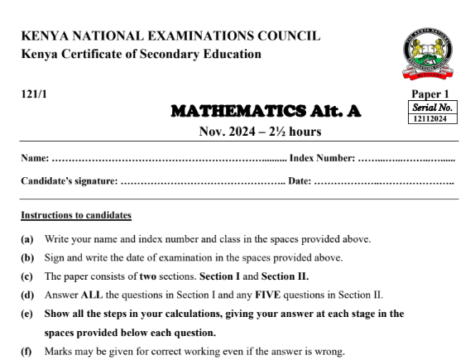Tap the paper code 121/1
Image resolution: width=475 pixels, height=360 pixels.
tap(34, 94)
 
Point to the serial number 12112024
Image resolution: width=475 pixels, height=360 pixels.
tap(434, 119)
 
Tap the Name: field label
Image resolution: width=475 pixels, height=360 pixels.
tap(36, 158)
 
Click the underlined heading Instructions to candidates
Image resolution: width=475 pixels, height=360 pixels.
tap(76, 216)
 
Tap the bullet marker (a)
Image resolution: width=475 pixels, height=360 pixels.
tap(27, 239)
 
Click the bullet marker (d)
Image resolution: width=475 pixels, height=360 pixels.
tap(27, 295)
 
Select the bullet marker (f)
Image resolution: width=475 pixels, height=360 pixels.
tap(27, 350)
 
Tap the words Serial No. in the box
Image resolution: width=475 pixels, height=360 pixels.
tap(434, 108)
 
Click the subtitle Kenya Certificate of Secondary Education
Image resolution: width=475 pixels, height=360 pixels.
tap(141, 55)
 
